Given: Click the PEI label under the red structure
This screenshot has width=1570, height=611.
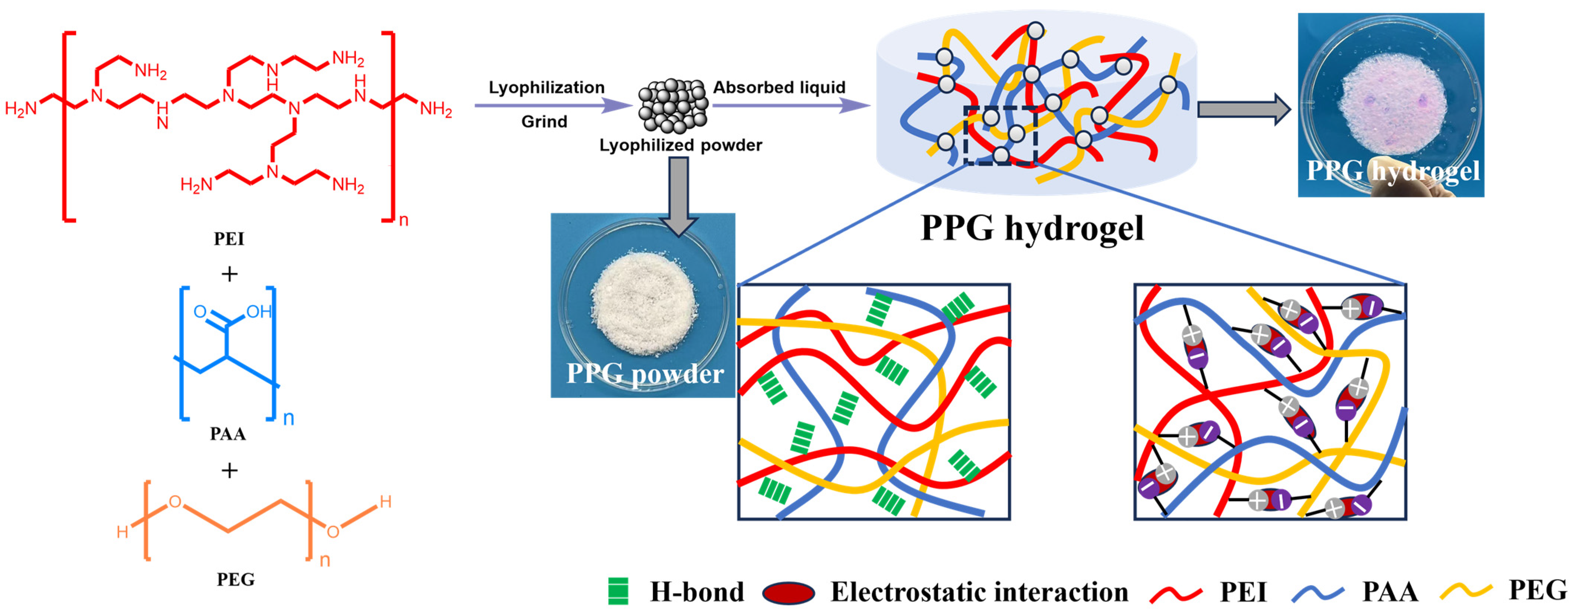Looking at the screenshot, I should [x=229, y=238].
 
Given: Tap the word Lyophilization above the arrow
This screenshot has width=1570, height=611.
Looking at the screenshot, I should [x=546, y=87].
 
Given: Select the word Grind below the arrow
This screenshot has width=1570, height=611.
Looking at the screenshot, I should [x=544, y=121].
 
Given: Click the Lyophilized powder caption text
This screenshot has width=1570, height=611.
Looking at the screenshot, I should [x=680, y=145].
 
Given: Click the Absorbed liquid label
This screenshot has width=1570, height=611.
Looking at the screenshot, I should [x=779, y=87].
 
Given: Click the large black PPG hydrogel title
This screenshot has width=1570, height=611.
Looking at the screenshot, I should [x=1032, y=228].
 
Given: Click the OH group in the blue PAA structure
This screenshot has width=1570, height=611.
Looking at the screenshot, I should [x=258, y=312].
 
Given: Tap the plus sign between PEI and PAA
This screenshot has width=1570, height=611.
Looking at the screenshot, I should [x=229, y=274].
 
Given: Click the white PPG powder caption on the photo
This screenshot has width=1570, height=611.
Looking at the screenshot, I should [x=645, y=373].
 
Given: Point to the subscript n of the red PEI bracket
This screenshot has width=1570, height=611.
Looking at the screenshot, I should [x=404, y=220].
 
